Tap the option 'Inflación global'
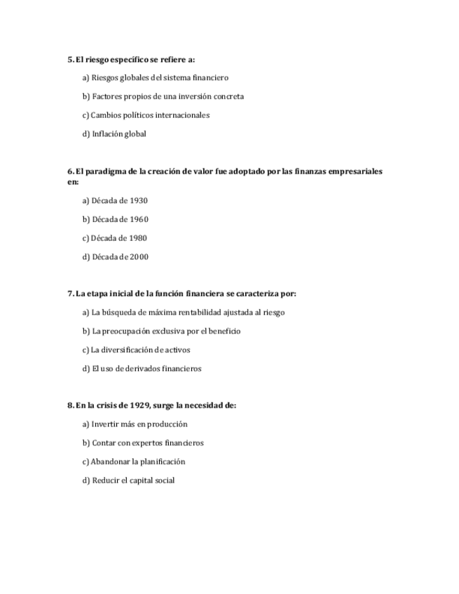pyautogui.click(x=114, y=134)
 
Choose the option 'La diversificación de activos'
pyautogui.click(x=136, y=350)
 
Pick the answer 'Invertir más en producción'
pyautogui.click(x=135, y=424)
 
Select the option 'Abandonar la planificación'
pyautogui.click(x=133, y=462)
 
